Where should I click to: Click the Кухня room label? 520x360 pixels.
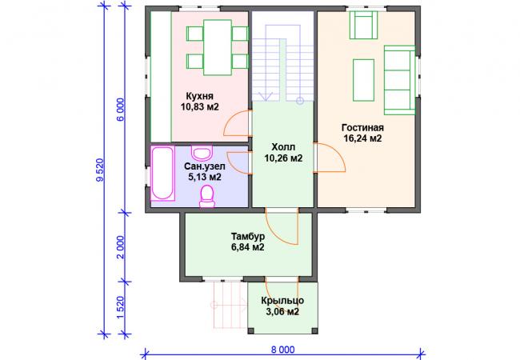[x=199, y=96]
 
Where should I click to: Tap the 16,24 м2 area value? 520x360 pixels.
[x=362, y=138]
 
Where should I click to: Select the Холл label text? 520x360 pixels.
[x=283, y=147]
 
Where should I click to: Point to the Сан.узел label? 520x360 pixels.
[x=205, y=166]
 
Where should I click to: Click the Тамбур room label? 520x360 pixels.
[x=248, y=236]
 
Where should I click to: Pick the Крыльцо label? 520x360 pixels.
[x=282, y=301]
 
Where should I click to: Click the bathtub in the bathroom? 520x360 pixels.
[x=162, y=174]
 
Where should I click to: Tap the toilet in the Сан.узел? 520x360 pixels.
[x=207, y=197]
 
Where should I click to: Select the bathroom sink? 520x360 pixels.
[x=202, y=153]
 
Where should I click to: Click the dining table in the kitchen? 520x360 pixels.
[x=218, y=47]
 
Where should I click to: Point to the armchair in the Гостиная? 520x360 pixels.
[x=364, y=25]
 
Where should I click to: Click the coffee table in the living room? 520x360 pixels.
[x=363, y=80]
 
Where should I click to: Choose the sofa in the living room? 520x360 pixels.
[x=400, y=80]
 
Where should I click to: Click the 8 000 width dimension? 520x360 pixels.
[x=282, y=350]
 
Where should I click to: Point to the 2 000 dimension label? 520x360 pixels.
[x=120, y=247]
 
